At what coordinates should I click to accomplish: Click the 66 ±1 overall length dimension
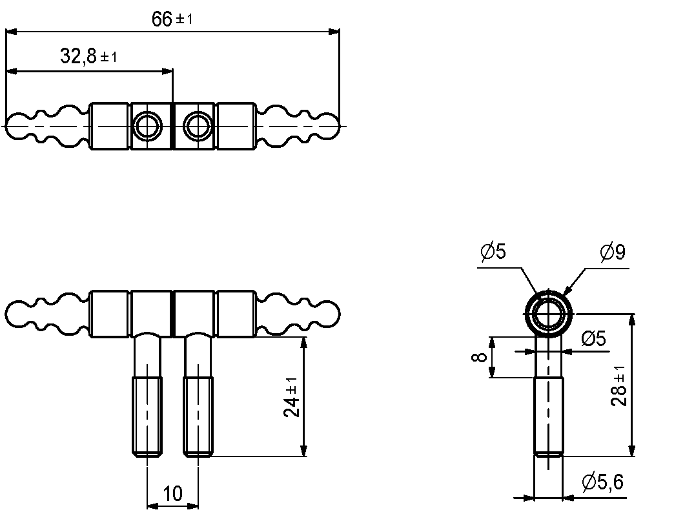(172, 19)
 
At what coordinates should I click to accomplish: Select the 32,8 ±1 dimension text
(88, 56)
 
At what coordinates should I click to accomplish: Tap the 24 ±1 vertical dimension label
(291, 397)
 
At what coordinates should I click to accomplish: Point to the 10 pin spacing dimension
(173, 493)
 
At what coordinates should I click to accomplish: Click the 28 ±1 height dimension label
(619, 385)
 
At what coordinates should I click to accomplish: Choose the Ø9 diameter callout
(613, 252)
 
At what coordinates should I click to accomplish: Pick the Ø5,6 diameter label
(602, 482)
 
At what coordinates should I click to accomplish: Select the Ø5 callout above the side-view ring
(493, 252)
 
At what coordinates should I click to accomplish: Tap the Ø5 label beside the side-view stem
(593, 339)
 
